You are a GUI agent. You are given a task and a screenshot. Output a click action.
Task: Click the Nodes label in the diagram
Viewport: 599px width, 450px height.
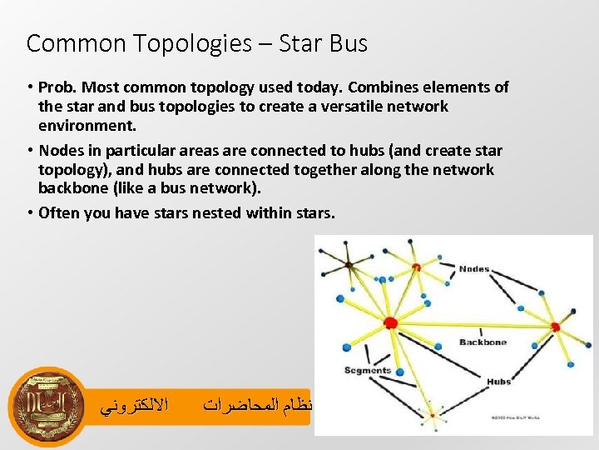point(474,269)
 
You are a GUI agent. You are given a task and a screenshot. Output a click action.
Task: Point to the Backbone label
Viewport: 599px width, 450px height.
point(482,342)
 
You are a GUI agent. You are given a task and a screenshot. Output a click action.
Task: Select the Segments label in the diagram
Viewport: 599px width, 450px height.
point(367,370)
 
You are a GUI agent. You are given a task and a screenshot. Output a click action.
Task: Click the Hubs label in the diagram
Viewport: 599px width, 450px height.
point(498,382)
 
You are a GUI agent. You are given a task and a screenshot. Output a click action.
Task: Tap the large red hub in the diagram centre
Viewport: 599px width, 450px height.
point(390,322)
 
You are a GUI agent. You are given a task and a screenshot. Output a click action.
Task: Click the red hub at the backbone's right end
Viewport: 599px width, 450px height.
point(555,327)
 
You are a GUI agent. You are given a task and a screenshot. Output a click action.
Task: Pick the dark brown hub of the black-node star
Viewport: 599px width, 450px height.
point(349,265)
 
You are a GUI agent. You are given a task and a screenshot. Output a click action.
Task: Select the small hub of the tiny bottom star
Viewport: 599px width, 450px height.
point(430,414)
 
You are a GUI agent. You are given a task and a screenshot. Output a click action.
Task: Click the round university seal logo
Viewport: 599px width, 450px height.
point(48,407)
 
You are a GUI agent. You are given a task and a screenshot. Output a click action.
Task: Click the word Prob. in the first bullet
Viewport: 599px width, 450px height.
point(60,87)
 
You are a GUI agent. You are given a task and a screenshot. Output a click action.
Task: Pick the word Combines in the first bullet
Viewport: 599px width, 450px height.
point(379,87)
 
